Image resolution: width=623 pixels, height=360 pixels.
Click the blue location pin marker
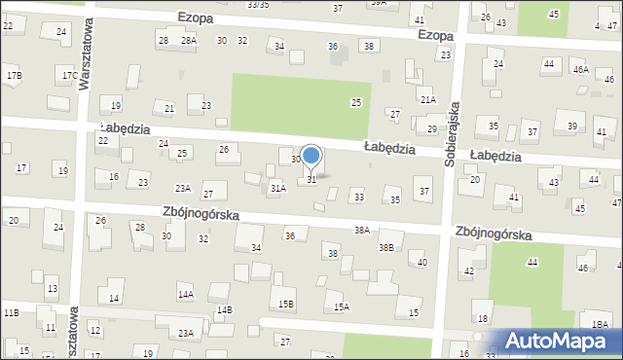311,157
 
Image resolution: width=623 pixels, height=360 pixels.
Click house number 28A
189,40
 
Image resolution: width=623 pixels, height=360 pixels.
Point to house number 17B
14,75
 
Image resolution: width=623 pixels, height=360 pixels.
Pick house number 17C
69,75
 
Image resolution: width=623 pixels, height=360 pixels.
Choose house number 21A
427,99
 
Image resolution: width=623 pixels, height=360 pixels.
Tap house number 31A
277,188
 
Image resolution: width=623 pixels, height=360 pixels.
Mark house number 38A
362,230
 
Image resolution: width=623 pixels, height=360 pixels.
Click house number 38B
386,248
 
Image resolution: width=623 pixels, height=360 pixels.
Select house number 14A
185,294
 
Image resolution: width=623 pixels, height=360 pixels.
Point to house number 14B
225,309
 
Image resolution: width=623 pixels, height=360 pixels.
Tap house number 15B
286,304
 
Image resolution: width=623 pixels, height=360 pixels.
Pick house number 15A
342,306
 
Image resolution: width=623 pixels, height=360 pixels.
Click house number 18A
600,324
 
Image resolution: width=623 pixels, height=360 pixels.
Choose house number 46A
580,69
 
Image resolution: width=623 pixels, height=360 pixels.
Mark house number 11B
11,312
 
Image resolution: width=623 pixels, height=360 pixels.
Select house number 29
432,128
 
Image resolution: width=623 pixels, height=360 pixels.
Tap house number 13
52,289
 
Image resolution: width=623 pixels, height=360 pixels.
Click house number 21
169,108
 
